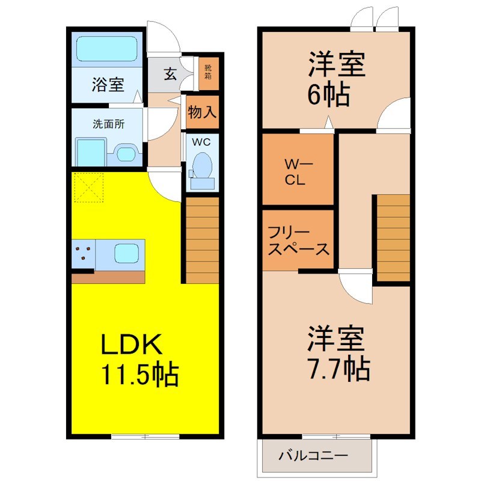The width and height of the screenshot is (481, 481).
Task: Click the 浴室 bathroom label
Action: (108, 85)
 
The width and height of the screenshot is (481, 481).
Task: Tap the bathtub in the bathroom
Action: (108, 49)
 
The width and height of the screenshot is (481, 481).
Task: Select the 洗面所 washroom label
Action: (108, 124)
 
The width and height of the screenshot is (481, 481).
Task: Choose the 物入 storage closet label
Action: (201, 112)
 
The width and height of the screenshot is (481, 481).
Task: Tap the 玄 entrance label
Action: (170, 75)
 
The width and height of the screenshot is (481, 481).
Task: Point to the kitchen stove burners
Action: (84, 253)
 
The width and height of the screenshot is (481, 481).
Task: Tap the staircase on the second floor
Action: (393, 237)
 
